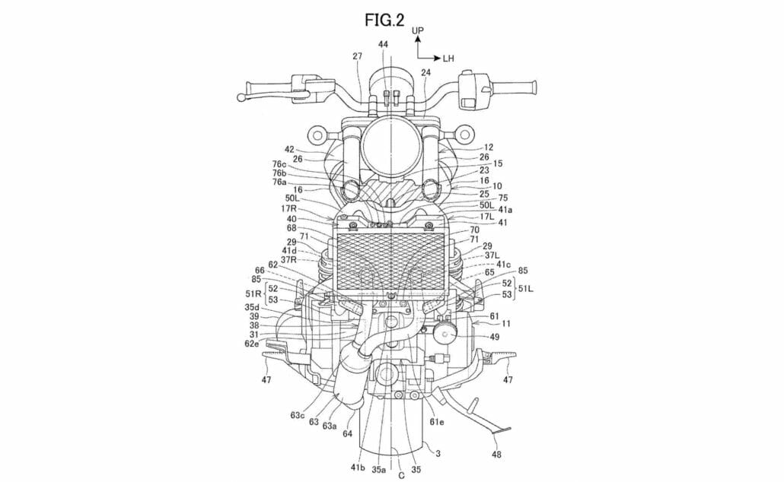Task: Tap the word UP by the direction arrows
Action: point(418,30)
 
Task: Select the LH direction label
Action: point(448,58)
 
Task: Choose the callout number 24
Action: point(425,73)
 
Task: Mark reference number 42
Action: point(289,150)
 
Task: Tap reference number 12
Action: point(489,147)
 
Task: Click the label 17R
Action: point(288,209)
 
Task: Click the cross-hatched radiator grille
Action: point(389,262)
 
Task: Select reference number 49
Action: point(495,337)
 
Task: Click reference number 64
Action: point(348,434)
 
